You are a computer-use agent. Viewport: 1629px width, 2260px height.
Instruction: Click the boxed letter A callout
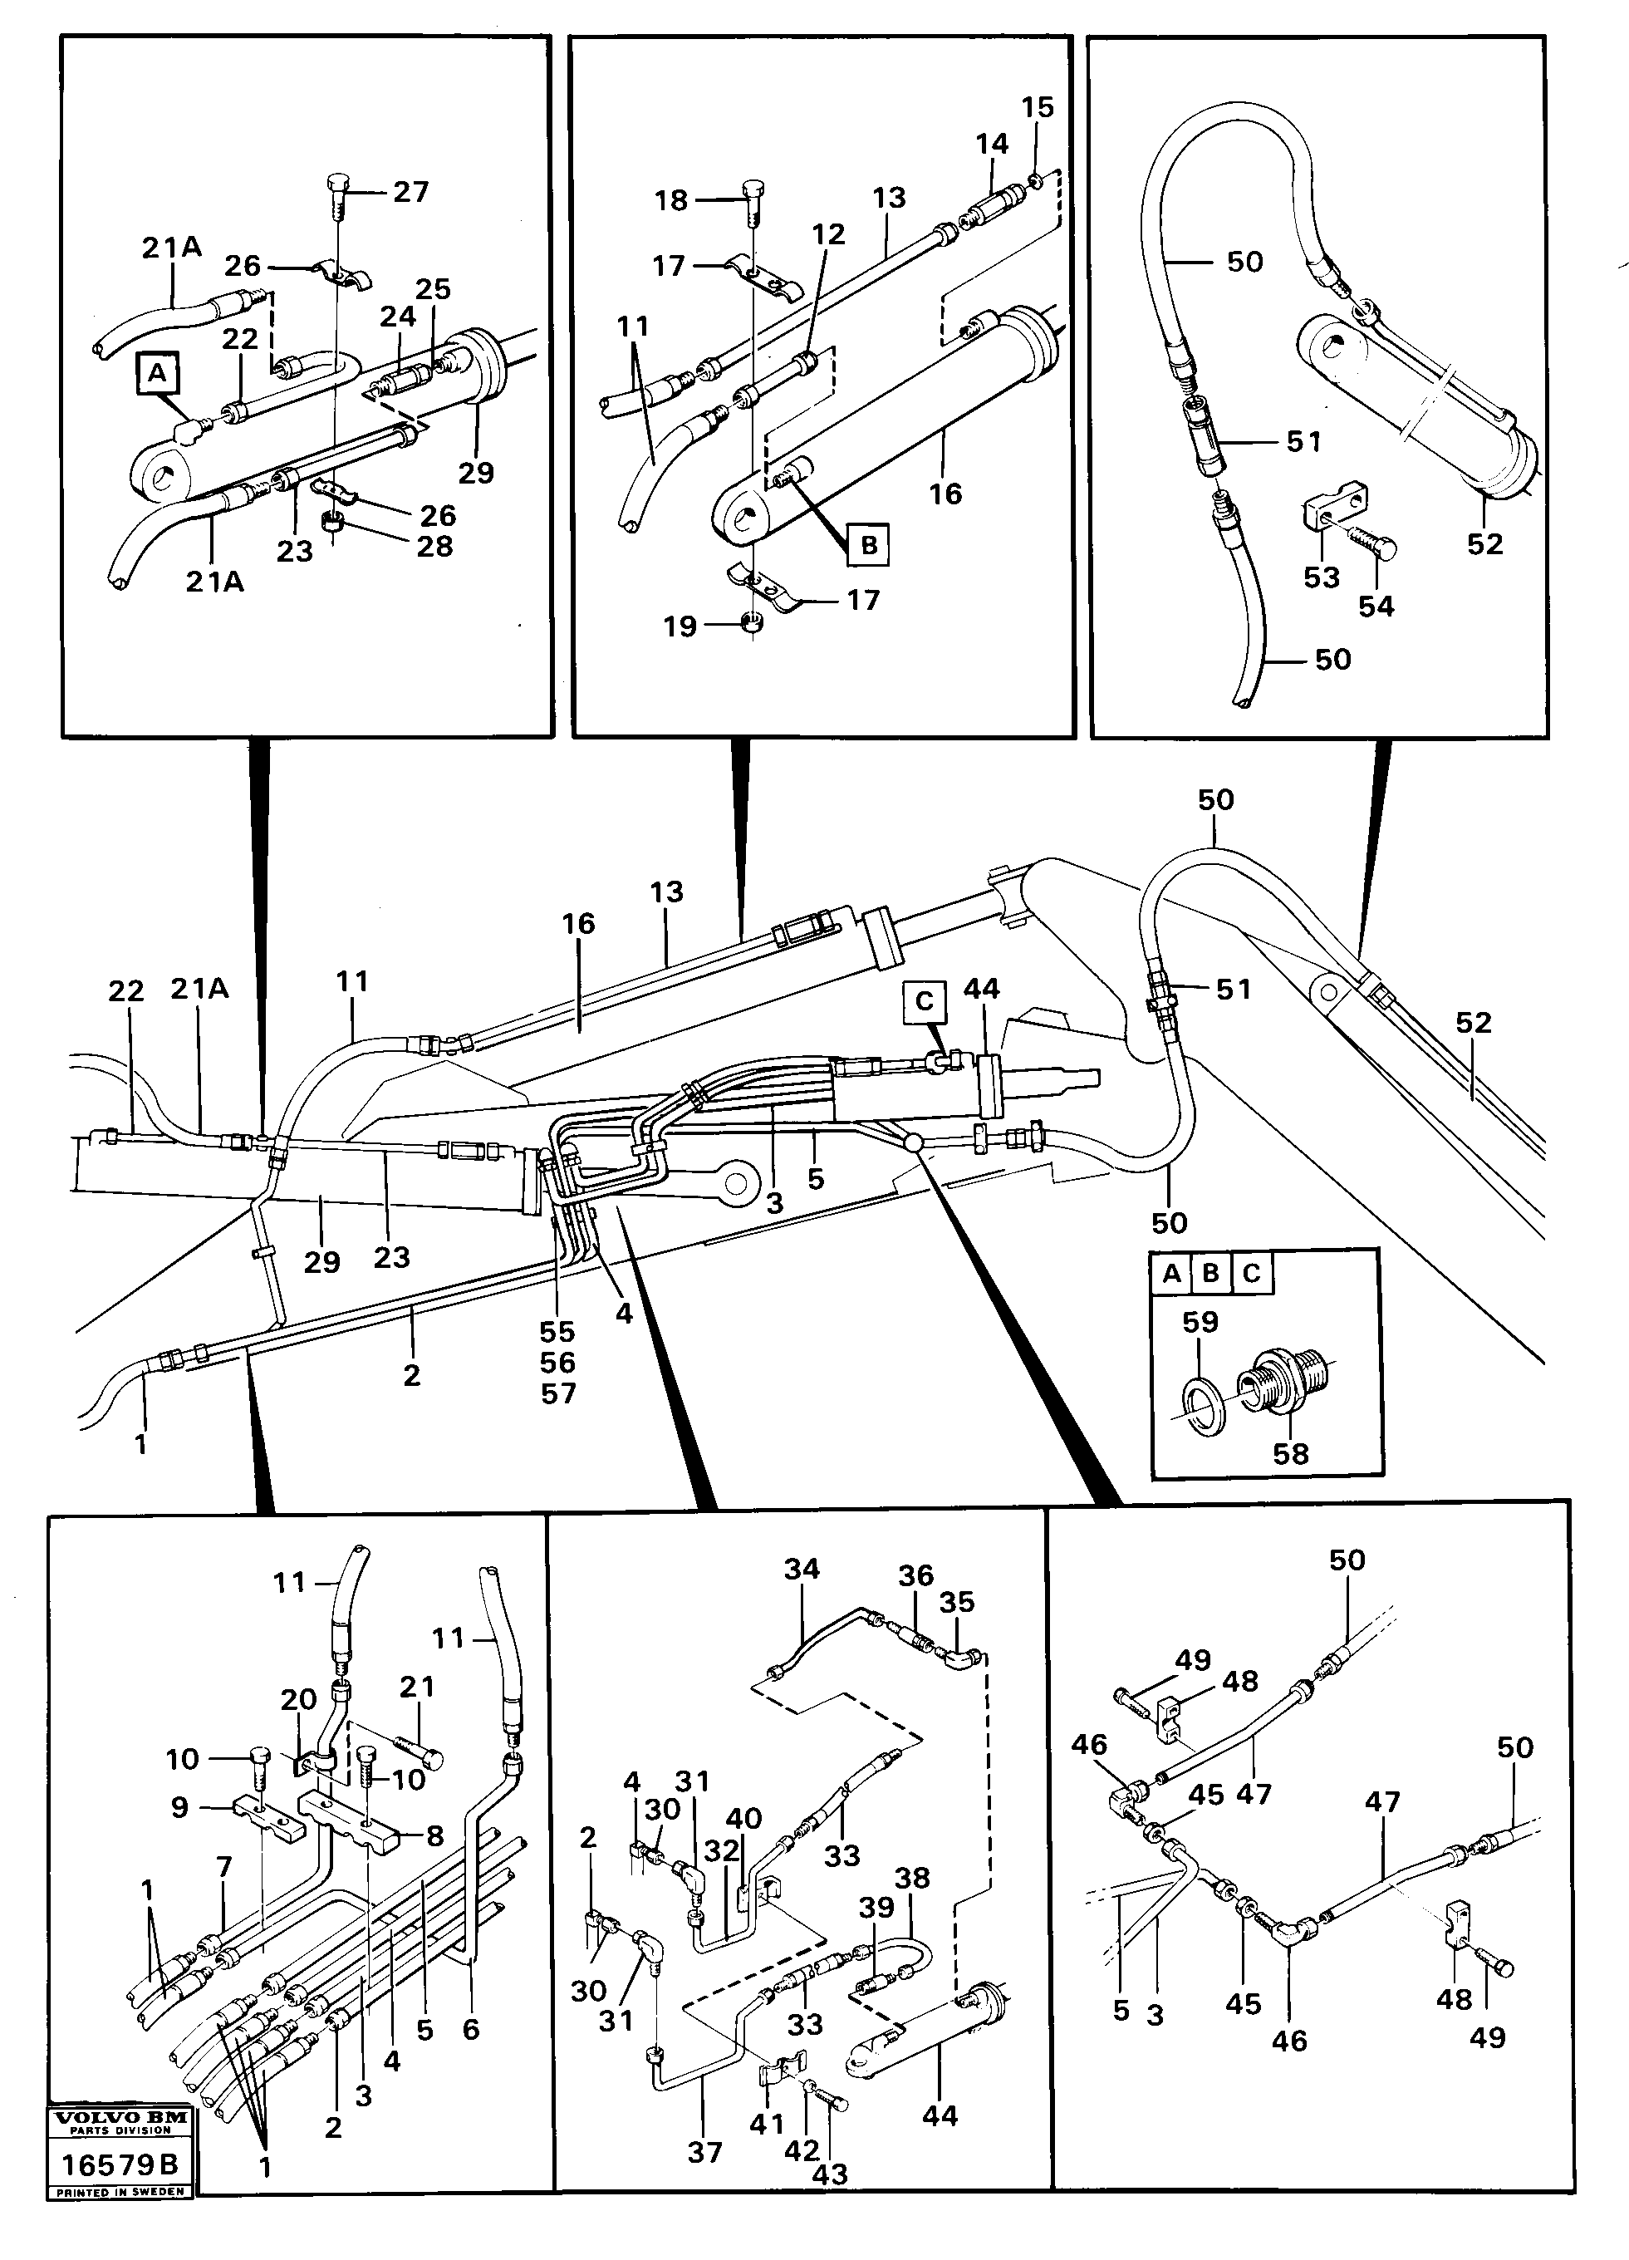[x=156, y=374]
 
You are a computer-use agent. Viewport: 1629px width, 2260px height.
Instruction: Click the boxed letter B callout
[x=868, y=546]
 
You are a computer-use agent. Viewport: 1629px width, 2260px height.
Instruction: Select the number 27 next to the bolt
[x=410, y=191]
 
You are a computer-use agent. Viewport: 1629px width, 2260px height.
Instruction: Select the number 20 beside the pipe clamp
[x=298, y=1700]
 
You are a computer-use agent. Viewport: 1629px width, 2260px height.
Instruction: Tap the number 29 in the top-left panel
[x=475, y=471]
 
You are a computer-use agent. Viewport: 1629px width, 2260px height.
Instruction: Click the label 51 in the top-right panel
[x=1303, y=440]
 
